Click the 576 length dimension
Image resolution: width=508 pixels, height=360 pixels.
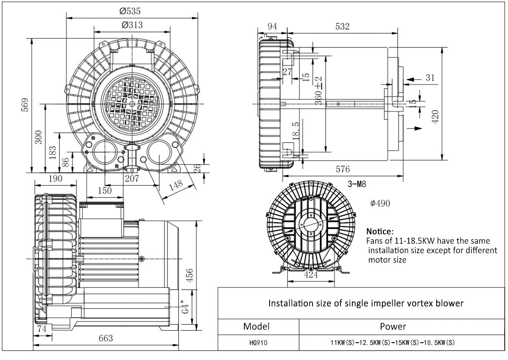click(342, 170)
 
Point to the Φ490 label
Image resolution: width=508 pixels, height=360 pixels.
click(380, 203)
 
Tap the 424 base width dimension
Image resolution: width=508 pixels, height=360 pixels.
click(311, 275)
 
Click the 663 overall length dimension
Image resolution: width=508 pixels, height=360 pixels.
click(105, 338)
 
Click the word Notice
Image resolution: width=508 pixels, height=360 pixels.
click(380, 231)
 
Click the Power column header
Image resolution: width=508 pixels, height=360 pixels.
click(393, 326)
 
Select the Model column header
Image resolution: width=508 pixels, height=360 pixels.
click(257, 326)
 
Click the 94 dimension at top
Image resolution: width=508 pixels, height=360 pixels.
click(272, 26)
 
